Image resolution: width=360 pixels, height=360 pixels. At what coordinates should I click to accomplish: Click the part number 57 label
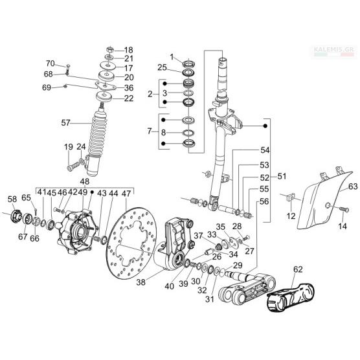coord(65,123)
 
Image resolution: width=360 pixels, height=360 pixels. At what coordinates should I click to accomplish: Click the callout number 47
coord(126,194)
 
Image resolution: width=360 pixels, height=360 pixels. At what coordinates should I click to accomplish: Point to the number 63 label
coord(353,186)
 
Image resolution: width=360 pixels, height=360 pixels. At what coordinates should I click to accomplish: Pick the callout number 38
coord(141,282)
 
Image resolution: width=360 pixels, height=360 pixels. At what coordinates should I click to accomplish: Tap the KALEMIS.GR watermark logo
coord(334,51)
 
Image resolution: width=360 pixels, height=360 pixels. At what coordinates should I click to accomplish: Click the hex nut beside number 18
coord(109,49)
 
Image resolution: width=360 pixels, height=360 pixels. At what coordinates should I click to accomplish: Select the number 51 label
coord(282,176)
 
